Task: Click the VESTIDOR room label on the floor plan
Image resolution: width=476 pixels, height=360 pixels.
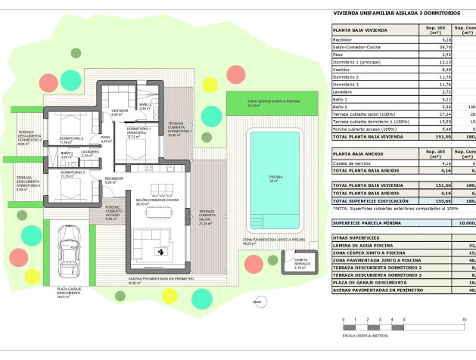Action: point(120,112)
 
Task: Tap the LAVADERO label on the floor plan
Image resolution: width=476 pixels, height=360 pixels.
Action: point(90,152)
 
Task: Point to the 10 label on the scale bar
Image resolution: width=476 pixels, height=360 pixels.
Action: point(463,321)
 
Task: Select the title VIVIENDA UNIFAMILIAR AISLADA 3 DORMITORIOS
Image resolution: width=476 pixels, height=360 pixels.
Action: point(385,13)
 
